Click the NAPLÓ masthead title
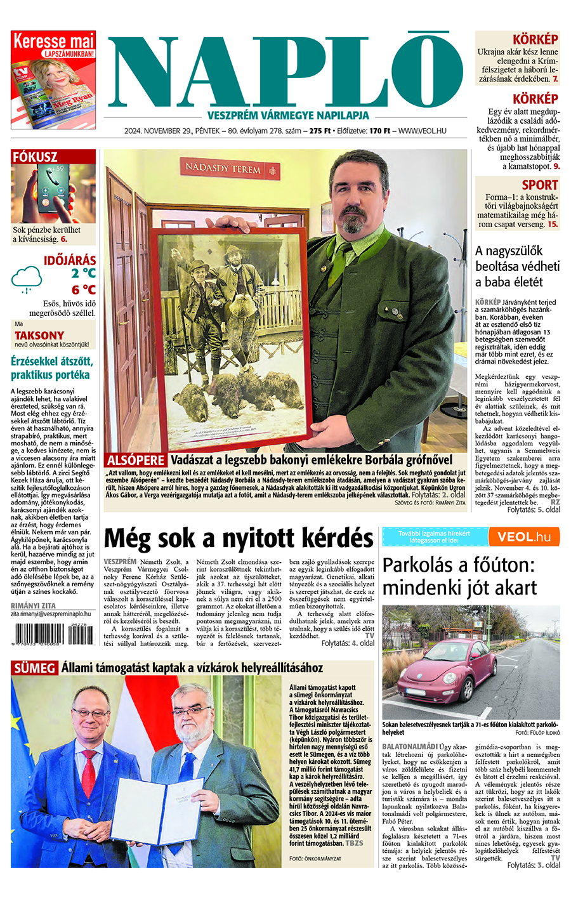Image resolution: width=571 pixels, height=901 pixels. (x=285, y=71)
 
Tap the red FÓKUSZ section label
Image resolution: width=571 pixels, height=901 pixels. (x=36, y=157)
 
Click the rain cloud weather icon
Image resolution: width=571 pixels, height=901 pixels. (x=27, y=278)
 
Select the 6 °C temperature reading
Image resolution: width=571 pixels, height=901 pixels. (x=83, y=290)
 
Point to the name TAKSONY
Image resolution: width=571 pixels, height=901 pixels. (x=39, y=335)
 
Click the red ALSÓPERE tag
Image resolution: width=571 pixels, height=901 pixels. (x=136, y=460)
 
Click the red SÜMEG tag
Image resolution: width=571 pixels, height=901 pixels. (x=34, y=668)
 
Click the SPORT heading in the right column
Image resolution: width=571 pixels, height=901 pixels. (x=539, y=185)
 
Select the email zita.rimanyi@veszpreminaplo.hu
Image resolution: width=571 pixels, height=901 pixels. (x=51, y=614)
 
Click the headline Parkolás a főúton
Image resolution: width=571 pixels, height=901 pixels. (x=459, y=576)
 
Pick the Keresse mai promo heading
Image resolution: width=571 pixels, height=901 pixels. (x=53, y=41)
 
